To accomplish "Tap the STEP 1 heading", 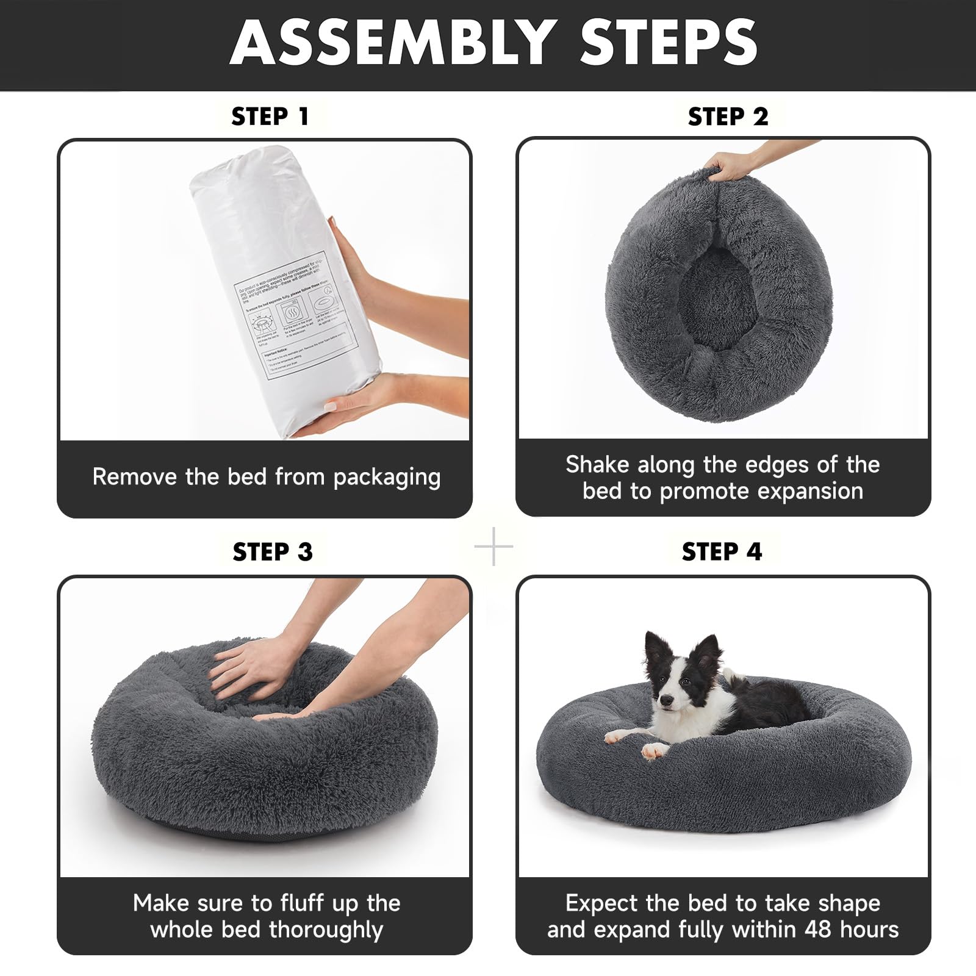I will tap(270, 117).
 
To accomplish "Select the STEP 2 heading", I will tap(728, 117).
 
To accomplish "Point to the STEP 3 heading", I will tap(272, 551).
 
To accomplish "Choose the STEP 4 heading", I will tap(722, 551).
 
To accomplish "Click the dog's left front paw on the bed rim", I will tap(654, 750).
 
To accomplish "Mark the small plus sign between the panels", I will tap(493, 547).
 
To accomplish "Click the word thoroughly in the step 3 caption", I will tap(326, 930).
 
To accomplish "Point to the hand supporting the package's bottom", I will tap(360, 406).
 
